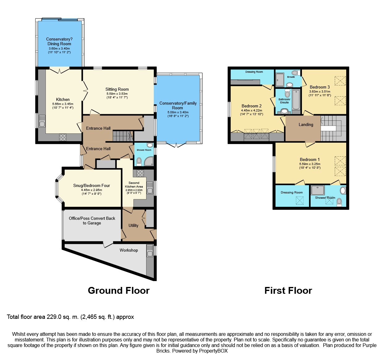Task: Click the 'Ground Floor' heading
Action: [119, 290]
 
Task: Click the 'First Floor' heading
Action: [288, 290]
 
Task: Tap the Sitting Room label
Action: [117, 89]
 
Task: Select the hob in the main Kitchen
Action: [63, 137]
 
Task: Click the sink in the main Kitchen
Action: [42, 121]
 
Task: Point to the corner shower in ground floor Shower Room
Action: [149, 161]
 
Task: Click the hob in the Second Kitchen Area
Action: [140, 173]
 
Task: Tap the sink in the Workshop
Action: [150, 251]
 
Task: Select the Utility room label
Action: [133, 225]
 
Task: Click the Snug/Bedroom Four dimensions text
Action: [91, 192]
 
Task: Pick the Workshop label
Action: [129, 250]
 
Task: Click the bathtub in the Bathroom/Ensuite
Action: [296, 100]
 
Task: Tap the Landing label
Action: [306, 124]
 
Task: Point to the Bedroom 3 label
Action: [320, 87]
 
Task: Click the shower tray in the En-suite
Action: [280, 80]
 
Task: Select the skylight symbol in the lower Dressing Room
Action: [299, 201]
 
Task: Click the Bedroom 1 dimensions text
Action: [310, 166]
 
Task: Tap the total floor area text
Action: [70, 317]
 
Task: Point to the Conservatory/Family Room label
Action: [178, 105]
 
